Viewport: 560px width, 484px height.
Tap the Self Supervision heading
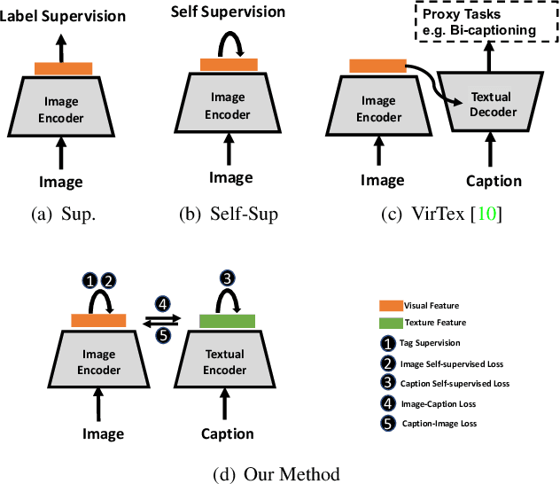coord(229,12)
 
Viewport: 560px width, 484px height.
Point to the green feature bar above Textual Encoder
coord(227,320)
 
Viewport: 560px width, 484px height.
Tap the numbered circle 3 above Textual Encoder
coord(227,277)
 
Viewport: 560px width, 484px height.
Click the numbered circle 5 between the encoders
coord(163,335)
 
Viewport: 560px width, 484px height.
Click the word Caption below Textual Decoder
coord(494,181)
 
